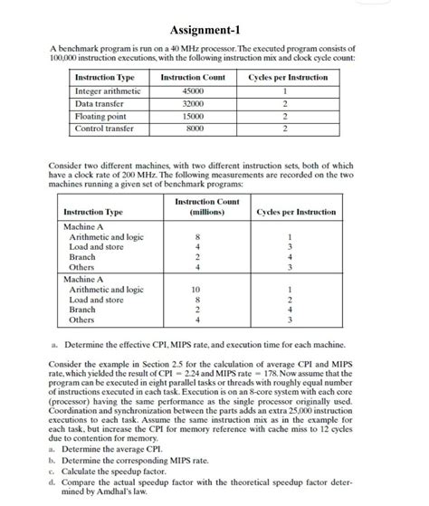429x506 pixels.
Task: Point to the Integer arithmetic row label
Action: tap(108, 91)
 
